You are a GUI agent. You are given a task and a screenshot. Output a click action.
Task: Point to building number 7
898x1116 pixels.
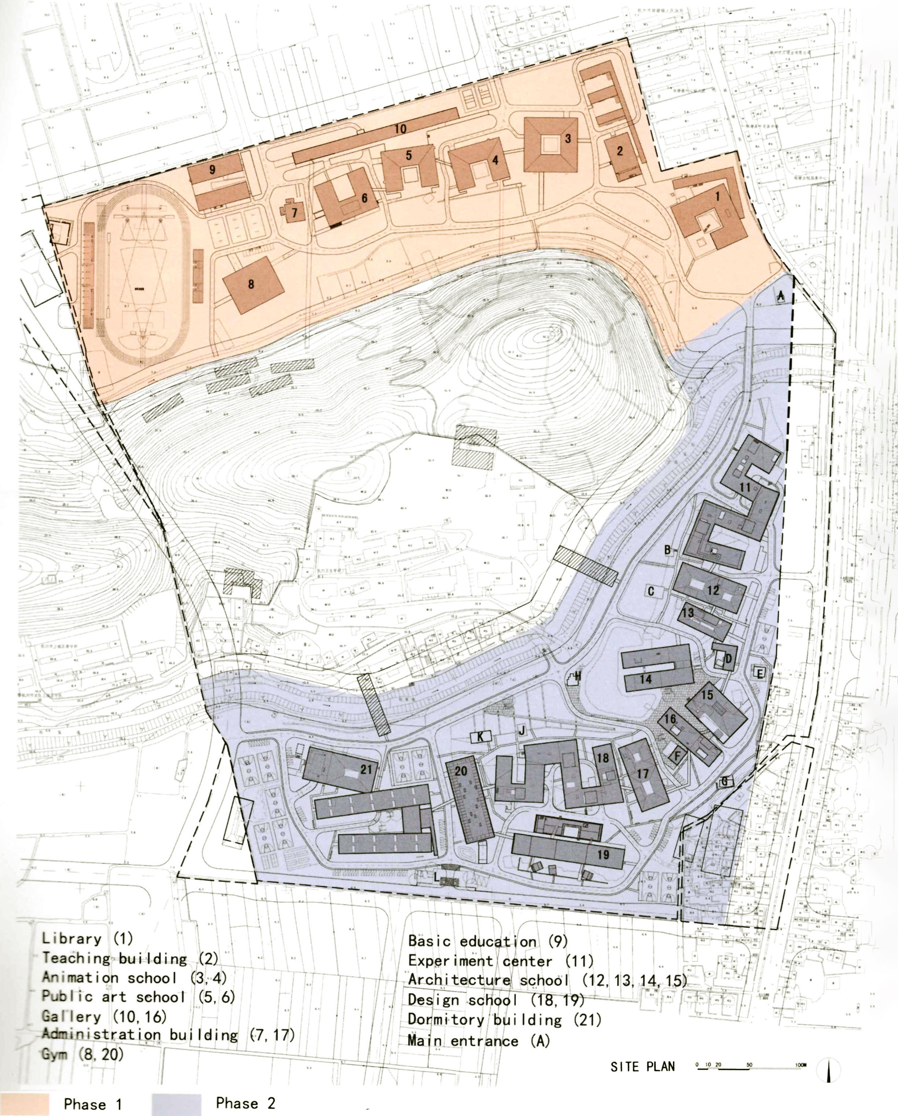click(294, 212)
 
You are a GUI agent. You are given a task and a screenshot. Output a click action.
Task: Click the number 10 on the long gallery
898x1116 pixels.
click(400, 129)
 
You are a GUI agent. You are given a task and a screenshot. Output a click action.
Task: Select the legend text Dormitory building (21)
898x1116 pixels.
click(505, 1020)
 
